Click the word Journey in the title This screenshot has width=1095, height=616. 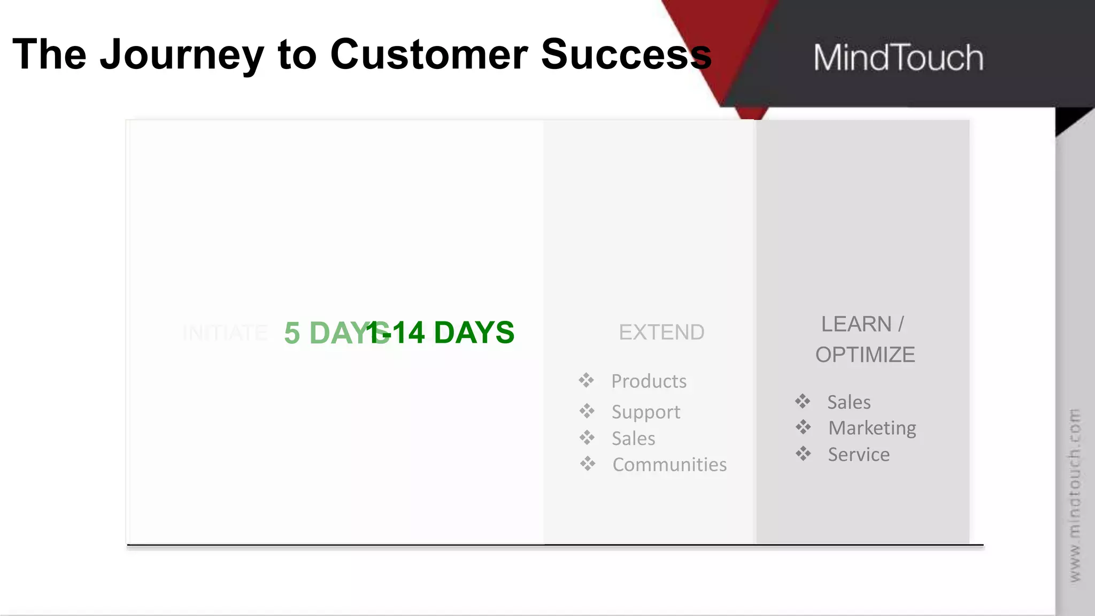point(182,55)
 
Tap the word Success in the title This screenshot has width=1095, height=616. point(626,55)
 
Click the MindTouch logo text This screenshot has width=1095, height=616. point(898,58)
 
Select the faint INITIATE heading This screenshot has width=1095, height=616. point(225,333)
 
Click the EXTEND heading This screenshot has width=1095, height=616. point(661,333)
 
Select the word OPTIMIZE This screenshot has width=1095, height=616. point(865,355)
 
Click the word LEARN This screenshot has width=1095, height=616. point(856,324)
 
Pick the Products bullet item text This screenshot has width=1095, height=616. point(649,381)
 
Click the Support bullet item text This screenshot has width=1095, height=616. point(646,412)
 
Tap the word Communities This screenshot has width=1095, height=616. point(669,465)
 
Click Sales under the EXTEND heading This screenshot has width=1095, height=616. point(633,438)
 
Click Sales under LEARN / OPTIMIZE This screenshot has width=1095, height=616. point(849,402)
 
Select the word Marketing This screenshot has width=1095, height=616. point(872,428)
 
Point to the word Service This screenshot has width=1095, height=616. point(859,455)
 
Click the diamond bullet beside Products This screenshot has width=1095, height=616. point(586,381)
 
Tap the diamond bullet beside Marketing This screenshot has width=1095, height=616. point(803,427)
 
